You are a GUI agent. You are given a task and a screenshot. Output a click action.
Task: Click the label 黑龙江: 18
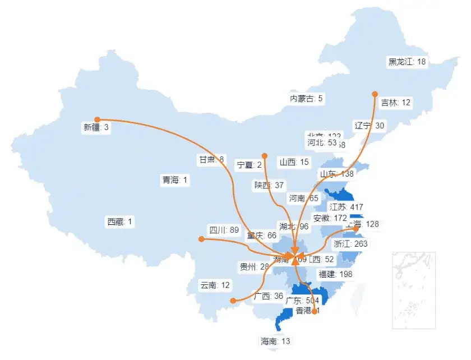(407, 62)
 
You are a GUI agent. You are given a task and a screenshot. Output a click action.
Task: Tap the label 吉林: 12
(396, 103)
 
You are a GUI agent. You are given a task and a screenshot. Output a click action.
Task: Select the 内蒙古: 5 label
(306, 99)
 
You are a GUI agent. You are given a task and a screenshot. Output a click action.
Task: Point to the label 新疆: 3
(96, 128)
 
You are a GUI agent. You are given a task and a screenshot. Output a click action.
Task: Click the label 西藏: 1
(120, 222)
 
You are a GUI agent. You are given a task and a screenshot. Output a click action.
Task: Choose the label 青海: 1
(176, 180)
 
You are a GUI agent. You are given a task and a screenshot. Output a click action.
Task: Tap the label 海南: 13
(275, 341)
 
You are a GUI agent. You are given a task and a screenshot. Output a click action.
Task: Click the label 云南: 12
(215, 285)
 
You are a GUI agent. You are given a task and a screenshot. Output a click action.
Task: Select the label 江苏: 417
(346, 207)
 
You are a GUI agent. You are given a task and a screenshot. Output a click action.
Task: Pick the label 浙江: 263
(350, 244)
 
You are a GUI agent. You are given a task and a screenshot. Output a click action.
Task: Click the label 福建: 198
(335, 274)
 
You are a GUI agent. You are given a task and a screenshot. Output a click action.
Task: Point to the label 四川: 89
(224, 230)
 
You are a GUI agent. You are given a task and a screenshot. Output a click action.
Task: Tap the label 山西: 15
(294, 163)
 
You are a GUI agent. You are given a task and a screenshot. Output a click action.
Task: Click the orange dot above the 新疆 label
(97, 119)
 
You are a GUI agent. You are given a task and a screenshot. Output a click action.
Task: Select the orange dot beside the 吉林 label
(375, 94)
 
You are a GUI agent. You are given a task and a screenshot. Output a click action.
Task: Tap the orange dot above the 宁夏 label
(264, 156)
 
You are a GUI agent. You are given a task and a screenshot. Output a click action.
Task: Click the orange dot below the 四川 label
(201, 239)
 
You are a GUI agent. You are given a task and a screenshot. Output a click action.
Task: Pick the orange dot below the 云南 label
(233, 301)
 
